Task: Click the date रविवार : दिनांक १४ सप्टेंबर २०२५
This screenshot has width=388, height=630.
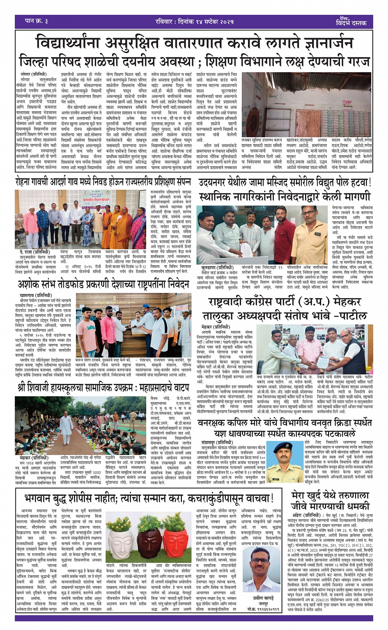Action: [x=195, y=21]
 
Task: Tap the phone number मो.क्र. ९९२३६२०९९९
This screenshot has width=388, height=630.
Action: [x=263, y=609]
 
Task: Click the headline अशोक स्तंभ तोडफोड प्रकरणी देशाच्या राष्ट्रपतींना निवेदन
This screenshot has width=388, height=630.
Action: [x=103, y=284]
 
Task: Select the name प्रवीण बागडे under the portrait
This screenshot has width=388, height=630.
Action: [x=263, y=598]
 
